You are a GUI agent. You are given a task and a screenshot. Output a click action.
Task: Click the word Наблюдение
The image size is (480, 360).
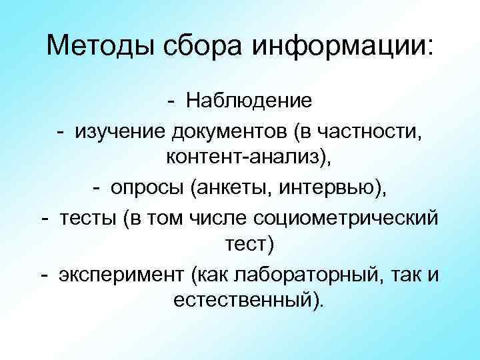pos(249,101)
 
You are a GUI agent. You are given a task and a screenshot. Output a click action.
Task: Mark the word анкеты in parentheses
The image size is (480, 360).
pos(225,188)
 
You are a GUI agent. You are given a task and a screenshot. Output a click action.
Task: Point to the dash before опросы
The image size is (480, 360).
pos(96,188)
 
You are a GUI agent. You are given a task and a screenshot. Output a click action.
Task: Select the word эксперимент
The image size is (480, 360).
pos(119,274)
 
